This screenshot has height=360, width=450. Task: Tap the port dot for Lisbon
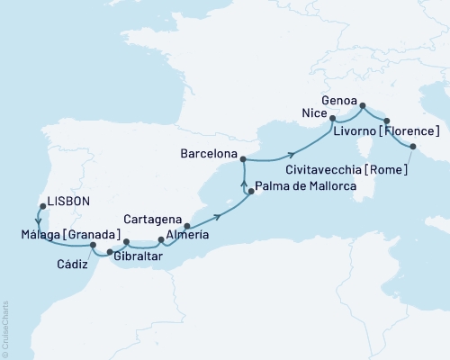tap(40, 204)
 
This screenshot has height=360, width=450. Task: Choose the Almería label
tap(187, 235)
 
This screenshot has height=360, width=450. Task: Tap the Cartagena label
tap(156, 218)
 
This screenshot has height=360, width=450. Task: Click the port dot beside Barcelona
tap(243, 157)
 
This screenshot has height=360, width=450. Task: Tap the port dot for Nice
tap(332, 118)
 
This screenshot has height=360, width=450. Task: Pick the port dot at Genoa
tap(363, 107)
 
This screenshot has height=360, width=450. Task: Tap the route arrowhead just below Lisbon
tap(40, 217)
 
